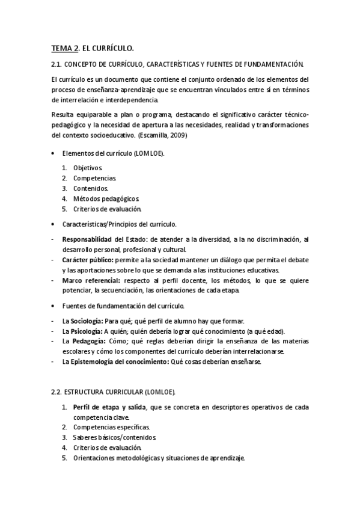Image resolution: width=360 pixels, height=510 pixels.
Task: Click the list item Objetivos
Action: [x=88, y=168]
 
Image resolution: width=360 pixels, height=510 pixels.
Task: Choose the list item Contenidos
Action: [x=91, y=188]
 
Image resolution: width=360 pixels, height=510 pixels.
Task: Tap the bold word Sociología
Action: [x=87, y=321]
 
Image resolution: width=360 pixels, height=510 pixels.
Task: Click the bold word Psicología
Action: [x=86, y=331]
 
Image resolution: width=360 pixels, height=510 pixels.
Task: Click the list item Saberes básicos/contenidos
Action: [x=107, y=438]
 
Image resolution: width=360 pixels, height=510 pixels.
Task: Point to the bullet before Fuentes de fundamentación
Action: [x=53, y=306]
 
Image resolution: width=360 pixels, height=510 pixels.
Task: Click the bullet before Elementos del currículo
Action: [x=53, y=153]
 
